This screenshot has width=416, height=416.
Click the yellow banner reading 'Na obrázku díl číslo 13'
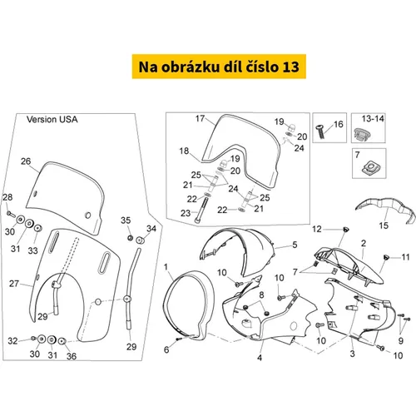219,67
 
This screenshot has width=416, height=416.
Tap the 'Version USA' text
52,120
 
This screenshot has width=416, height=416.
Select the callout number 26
26,161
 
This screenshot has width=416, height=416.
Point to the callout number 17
200,118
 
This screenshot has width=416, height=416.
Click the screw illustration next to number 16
320,131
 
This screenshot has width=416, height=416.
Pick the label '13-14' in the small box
373,119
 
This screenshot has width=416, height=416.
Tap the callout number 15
384,225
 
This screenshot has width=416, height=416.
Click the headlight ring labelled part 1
190,305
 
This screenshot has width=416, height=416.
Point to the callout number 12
317,229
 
